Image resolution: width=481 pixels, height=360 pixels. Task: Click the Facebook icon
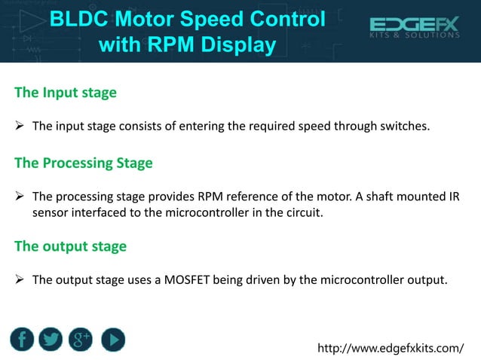click(x=23, y=340)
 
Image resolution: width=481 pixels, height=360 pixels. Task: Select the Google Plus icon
click(x=81, y=340)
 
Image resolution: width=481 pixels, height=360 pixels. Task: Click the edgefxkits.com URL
click(x=391, y=347)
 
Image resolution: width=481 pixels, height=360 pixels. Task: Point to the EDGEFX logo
click(x=414, y=29)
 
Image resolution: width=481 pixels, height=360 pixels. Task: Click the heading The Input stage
click(x=66, y=93)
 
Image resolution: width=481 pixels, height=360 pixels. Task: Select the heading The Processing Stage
click(x=83, y=163)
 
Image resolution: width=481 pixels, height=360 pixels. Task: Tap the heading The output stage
click(x=70, y=246)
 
